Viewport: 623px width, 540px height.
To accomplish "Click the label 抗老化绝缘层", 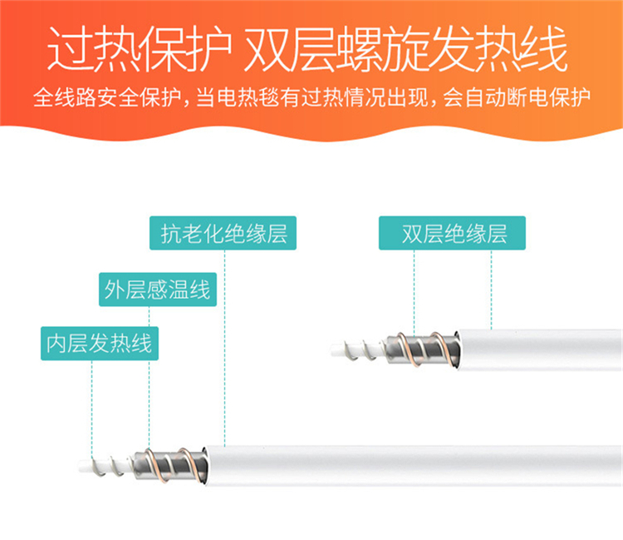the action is pyautogui.click(x=223, y=233).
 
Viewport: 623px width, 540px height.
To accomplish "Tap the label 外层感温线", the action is pyautogui.click(x=158, y=290).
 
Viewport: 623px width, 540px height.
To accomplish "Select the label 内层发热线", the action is pyautogui.click(x=100, y=344).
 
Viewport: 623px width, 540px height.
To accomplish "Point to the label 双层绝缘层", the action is pyautogui.click(x=452, y=233).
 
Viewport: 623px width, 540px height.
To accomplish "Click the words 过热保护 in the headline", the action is pyautogui.click(x=140, y=48).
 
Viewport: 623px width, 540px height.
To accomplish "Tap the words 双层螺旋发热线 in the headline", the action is pyautogui.click(x=405, y=48).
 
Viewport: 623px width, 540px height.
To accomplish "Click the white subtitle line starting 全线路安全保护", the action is pyautogui.click(x=311, y=98).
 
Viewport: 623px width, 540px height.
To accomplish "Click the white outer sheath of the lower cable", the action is pyautogui.click(x=413, y=466).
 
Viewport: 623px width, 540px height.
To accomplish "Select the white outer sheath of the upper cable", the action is pyautogui.click(x=540, y=349).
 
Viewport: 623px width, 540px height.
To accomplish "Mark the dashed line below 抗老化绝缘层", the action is pyautogui.click(x=224, y=348).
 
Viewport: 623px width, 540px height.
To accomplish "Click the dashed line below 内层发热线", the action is pyautogui.click(x=91, y=409).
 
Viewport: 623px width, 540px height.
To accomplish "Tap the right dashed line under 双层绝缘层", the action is pyautogui.click(x=491, y=290).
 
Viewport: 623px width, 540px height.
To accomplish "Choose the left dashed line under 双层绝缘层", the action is pyautogui.click(x=414, y=293).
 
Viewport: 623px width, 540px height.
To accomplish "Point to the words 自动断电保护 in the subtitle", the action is pyautogui.click(x=527, y=98).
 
